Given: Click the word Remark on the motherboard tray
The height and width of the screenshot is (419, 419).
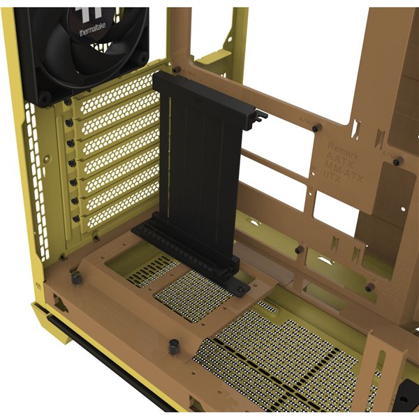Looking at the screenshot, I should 344,149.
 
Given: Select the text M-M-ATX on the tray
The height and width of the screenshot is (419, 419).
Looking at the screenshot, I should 341,169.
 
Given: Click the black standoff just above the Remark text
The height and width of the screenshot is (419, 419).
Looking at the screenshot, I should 316,128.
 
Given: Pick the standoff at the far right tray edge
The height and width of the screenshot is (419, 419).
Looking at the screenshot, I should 397,161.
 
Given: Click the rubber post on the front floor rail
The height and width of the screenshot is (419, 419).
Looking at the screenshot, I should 172,347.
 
